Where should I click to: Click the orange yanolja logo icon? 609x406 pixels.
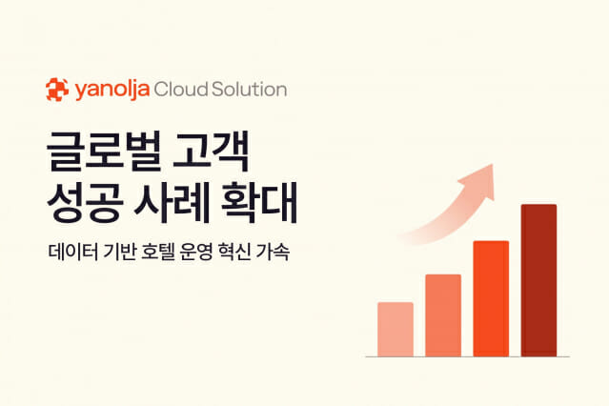57,90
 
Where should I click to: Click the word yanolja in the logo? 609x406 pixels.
112,91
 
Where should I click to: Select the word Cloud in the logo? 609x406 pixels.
180,89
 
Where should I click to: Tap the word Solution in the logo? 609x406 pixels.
249,89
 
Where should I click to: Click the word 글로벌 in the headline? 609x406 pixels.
104,152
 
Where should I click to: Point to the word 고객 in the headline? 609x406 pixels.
211,152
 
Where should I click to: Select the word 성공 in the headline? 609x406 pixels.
85,202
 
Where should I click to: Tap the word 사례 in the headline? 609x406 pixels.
172,202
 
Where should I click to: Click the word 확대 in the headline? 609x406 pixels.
258,202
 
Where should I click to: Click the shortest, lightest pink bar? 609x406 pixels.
396,329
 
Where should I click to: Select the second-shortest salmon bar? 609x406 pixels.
443,315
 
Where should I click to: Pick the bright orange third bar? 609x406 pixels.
491,298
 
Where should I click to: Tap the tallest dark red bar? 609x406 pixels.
538,280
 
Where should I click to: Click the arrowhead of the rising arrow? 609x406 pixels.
481,180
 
